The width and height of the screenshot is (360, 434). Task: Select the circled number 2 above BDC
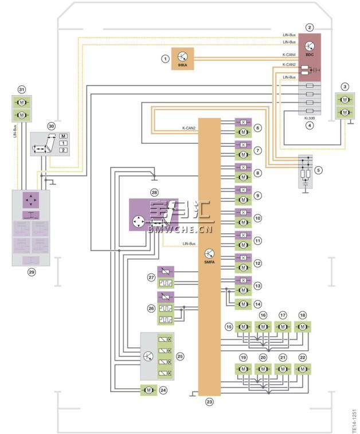(x=310, y=27)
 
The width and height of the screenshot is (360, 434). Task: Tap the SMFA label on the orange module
(x=210, y=261)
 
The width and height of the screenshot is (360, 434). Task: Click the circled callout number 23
(x=209, y=402)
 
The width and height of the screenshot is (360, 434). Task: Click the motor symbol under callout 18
(x=302, y=327)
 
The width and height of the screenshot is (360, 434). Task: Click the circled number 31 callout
(x=22, y=90)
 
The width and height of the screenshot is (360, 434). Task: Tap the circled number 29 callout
(x=32, y=273)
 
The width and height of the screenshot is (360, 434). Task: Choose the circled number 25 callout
(x=179, y=356)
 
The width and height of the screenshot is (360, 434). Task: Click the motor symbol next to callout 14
(x=243, y=304)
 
